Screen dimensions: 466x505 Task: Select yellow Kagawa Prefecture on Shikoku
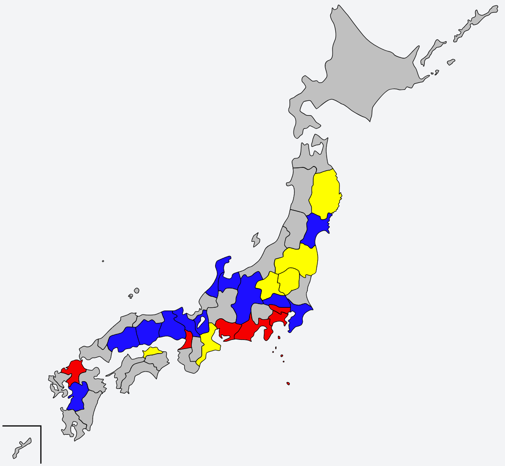tap(153, 352)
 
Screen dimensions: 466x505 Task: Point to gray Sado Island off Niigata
tap(255, 239)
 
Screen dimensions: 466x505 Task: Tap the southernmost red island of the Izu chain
tap(288, 383)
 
